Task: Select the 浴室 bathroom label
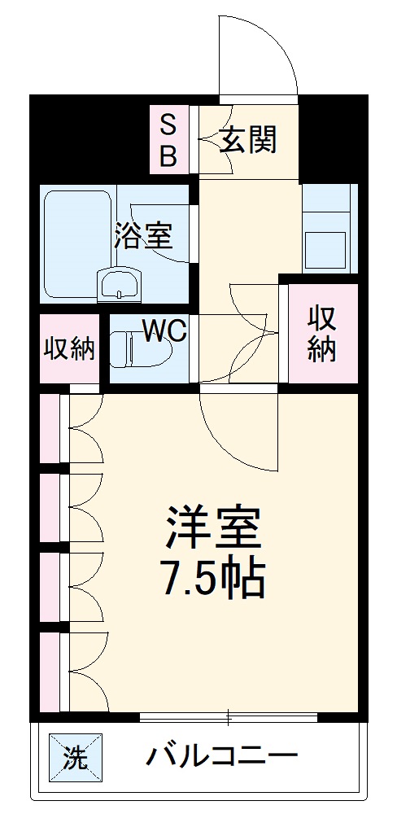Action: click(x=143, y=236)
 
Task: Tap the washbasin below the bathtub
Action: click(x=119, y=286)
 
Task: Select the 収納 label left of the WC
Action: click(x=70, y=349)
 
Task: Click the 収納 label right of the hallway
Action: click(x=321, y=333)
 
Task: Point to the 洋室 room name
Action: click(x=213, y=527)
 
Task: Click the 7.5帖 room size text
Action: click(x=213, y=579)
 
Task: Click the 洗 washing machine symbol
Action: click(x=76, y=759)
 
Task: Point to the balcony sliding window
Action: click(x=228, y=716)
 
